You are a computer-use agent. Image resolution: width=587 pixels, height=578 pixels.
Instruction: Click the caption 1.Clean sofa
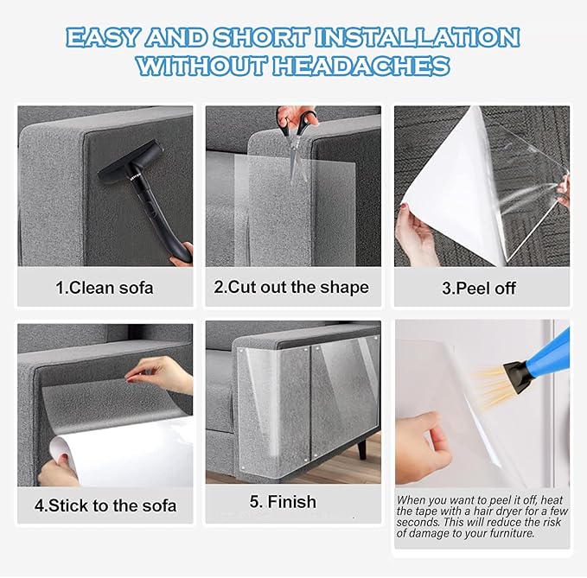(105, 288)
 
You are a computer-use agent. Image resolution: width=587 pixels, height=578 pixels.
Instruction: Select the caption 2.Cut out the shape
(291, 287)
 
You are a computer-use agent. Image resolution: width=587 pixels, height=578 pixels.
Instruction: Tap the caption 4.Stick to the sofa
(105, 505)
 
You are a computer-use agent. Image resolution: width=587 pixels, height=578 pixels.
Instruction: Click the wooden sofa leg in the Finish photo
(363, 448)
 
